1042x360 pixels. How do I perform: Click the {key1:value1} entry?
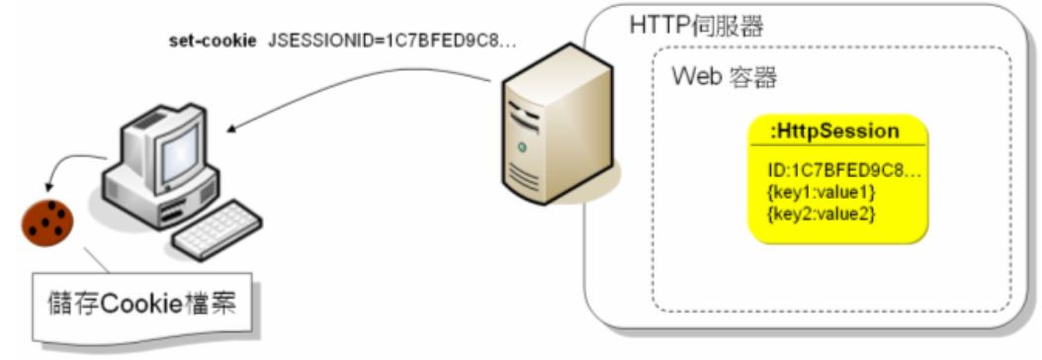(821, 193)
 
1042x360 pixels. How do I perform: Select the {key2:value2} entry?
(821, 213)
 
